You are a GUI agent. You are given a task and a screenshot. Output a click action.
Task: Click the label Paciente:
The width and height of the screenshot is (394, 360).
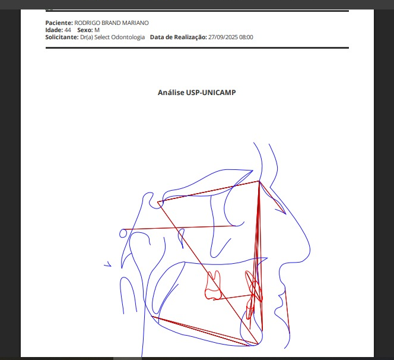click(59, 23)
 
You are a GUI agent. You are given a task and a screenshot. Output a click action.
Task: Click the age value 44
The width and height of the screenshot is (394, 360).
click(68, 30)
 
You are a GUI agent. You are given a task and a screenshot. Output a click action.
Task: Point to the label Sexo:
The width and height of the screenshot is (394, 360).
click(85, 30)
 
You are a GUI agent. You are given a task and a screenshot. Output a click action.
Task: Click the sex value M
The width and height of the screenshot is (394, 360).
click(97, 30)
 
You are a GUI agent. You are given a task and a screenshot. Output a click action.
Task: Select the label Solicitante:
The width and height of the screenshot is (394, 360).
click(62, 37)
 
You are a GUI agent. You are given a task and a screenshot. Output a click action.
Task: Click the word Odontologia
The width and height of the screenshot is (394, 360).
click(128, 37)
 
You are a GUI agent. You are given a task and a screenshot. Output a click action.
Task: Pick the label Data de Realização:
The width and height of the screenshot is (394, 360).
click(179, 37)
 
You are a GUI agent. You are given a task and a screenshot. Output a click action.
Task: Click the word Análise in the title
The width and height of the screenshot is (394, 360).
click(171, 93)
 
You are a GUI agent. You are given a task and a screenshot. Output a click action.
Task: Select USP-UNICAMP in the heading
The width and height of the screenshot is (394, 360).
click(211, 93)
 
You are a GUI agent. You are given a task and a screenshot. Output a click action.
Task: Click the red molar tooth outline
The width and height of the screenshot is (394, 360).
click(214, 285)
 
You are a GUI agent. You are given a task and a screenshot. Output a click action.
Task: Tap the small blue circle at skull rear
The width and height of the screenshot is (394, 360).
click(123, 233)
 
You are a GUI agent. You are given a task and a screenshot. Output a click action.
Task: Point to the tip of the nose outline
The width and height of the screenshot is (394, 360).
click(310, 249)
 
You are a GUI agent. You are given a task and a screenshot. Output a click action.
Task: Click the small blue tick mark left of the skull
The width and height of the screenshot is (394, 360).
click(108, 264)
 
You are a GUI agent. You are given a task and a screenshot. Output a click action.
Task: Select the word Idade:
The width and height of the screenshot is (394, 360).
click(54, 30)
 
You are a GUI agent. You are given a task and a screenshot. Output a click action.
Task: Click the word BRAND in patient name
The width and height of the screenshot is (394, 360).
click(111, 23)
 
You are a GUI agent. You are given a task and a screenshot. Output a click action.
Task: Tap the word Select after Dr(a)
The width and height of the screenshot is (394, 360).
click(102, 37)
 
